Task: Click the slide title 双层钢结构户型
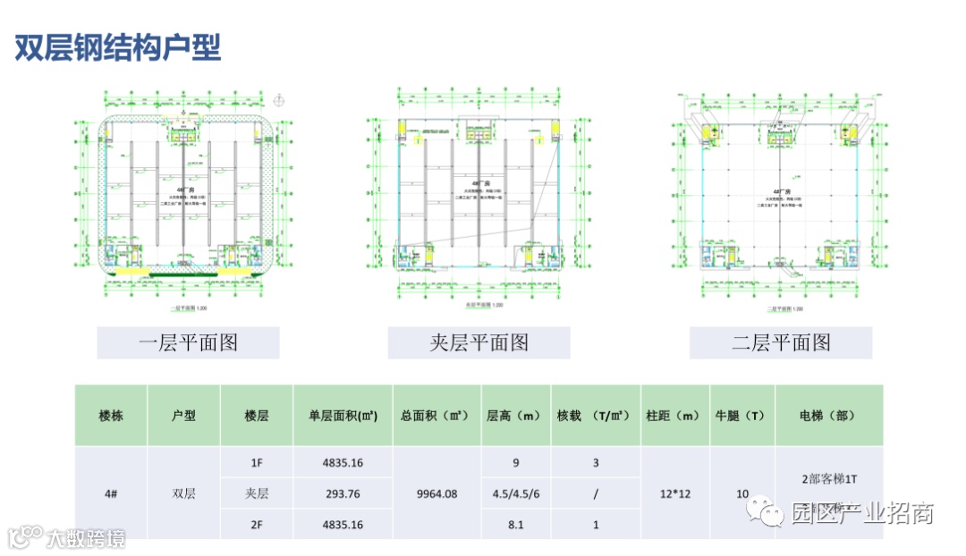pos(117,48)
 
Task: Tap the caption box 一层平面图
pos(188,342)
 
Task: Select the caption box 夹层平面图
pos(479,342)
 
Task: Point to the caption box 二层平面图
pos(780,342)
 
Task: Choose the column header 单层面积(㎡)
pos(343,416)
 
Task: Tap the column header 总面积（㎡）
pos(436,416)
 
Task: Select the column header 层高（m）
pos(515,416)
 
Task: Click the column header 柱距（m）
pos(675,416)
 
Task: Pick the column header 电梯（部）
pos(828,416)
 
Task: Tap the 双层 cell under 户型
pos(183,493)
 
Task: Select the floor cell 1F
pos(257,463)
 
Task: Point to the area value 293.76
pos(343,493)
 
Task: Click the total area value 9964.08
pos(436,493)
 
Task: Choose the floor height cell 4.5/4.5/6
pos(515,493)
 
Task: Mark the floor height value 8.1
pos(515,525)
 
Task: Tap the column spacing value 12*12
pos(675,493)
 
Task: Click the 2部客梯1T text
pos(829,477)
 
